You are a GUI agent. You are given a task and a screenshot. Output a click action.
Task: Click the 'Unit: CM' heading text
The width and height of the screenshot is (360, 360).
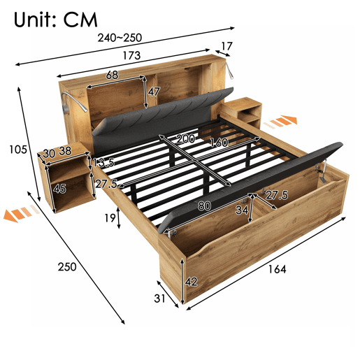(55, 20)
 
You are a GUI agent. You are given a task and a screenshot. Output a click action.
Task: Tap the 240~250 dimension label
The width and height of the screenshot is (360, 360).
(120, 38)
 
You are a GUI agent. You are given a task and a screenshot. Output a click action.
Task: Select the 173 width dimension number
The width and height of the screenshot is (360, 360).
(131, 55)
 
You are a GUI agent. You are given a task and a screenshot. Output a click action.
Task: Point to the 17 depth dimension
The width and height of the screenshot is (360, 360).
(226, 46)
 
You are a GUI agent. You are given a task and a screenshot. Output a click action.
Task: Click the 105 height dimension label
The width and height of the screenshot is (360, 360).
(18, 150)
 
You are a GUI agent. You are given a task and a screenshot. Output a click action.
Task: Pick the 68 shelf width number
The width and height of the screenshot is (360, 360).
(112, 75)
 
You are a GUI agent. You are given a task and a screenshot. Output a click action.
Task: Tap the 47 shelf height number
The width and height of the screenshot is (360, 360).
(154, 92)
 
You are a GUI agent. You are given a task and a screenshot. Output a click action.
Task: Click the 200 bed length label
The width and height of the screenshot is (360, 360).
(185, 139)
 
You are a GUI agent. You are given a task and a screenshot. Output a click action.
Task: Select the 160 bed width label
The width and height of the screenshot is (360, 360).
(219, 143)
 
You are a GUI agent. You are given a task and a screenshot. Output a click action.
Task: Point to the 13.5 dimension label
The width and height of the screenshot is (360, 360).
(103, 162)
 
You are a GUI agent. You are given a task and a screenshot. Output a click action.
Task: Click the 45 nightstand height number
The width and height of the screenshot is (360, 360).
(59, 189)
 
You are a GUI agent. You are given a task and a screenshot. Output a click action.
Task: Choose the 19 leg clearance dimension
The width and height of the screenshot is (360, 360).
(110, 218)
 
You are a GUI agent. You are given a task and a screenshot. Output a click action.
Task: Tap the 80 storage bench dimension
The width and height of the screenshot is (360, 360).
(205, 206)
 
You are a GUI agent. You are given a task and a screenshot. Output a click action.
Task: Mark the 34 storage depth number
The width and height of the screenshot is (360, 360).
(242, 210)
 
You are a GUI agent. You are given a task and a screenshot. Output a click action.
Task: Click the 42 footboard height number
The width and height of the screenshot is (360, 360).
(191, 282)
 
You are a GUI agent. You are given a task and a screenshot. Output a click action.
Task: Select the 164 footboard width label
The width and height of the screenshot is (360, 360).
(278, 269)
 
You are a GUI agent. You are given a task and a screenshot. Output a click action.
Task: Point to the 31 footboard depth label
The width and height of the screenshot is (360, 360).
(159, 298)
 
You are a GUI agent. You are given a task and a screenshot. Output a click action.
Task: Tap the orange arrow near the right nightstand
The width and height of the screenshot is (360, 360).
(280, 121)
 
